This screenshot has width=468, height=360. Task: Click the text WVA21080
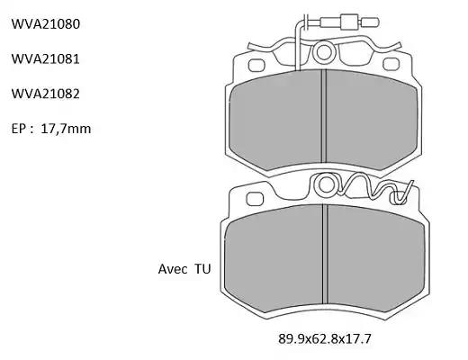(x=46, y=23)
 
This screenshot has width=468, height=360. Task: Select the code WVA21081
(x=46, y=58)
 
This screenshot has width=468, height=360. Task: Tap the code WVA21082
(x=46, y=94)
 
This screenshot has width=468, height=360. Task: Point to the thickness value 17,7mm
(x=66, y=129)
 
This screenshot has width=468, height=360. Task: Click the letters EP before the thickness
(x=18, y=129)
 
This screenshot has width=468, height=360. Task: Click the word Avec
(x=172, y=269)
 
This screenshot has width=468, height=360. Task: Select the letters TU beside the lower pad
(x=202, y=269)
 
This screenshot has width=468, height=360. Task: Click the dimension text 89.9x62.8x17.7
(x=325, y=339)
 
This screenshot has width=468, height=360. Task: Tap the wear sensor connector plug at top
(x=349, y=22)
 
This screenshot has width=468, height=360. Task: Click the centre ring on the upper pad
(x=324, y=52)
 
